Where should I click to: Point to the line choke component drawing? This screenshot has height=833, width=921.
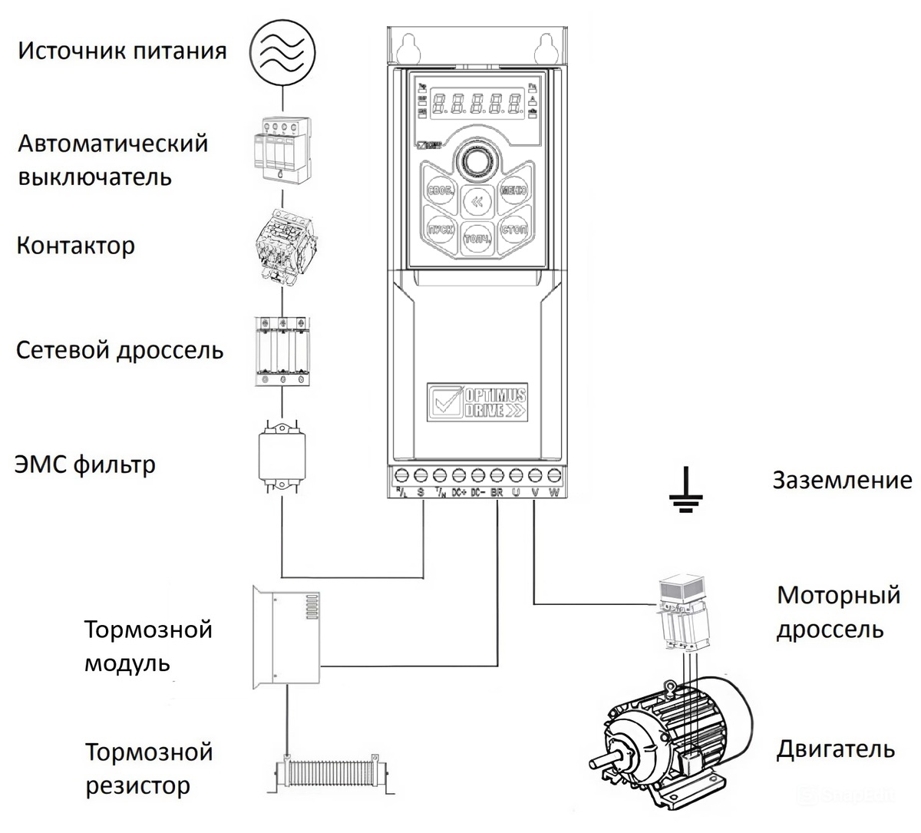283,350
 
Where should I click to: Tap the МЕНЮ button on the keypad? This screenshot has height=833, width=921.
513,189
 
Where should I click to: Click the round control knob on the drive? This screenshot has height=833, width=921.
476,160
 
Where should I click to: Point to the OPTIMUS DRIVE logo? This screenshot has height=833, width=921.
477,401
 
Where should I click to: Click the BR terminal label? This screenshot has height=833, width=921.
497,493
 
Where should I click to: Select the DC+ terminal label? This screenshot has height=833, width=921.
459,493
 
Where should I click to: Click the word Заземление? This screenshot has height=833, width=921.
842,481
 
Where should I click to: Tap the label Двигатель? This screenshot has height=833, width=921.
835,749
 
